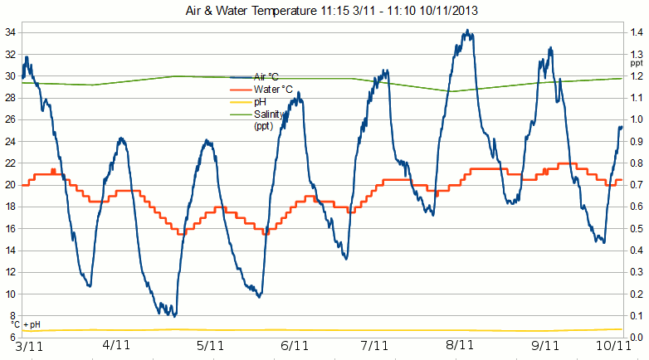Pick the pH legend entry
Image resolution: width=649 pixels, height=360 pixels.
click(258, 102)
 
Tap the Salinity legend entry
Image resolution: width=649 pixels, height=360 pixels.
click(270, 114)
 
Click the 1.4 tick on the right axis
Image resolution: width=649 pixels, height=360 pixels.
click(636, 32)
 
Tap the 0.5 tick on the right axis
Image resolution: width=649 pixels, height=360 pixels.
click(636, 228)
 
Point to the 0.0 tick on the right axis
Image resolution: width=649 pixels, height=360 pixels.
click(636, 338)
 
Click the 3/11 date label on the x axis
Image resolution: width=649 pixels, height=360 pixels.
click(30, 346)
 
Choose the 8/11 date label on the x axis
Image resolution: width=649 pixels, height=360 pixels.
click(460, 346)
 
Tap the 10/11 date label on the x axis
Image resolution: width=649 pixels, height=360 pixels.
click(612, 346)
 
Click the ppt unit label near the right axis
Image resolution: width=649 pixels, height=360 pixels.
click(636, 63)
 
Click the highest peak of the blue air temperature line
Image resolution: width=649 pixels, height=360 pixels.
click(468, 32)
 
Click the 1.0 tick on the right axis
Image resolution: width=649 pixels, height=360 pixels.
click(636, 119)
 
